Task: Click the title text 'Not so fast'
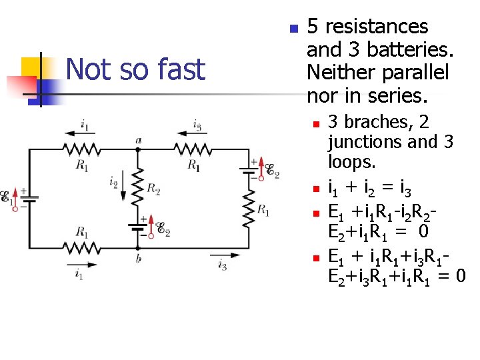tap(136, 69)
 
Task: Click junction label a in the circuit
tap(137, 140)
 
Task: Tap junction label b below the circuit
tap(138, 259)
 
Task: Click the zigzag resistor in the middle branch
tap(137, 187)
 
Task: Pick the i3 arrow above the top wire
tap(197, 134)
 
